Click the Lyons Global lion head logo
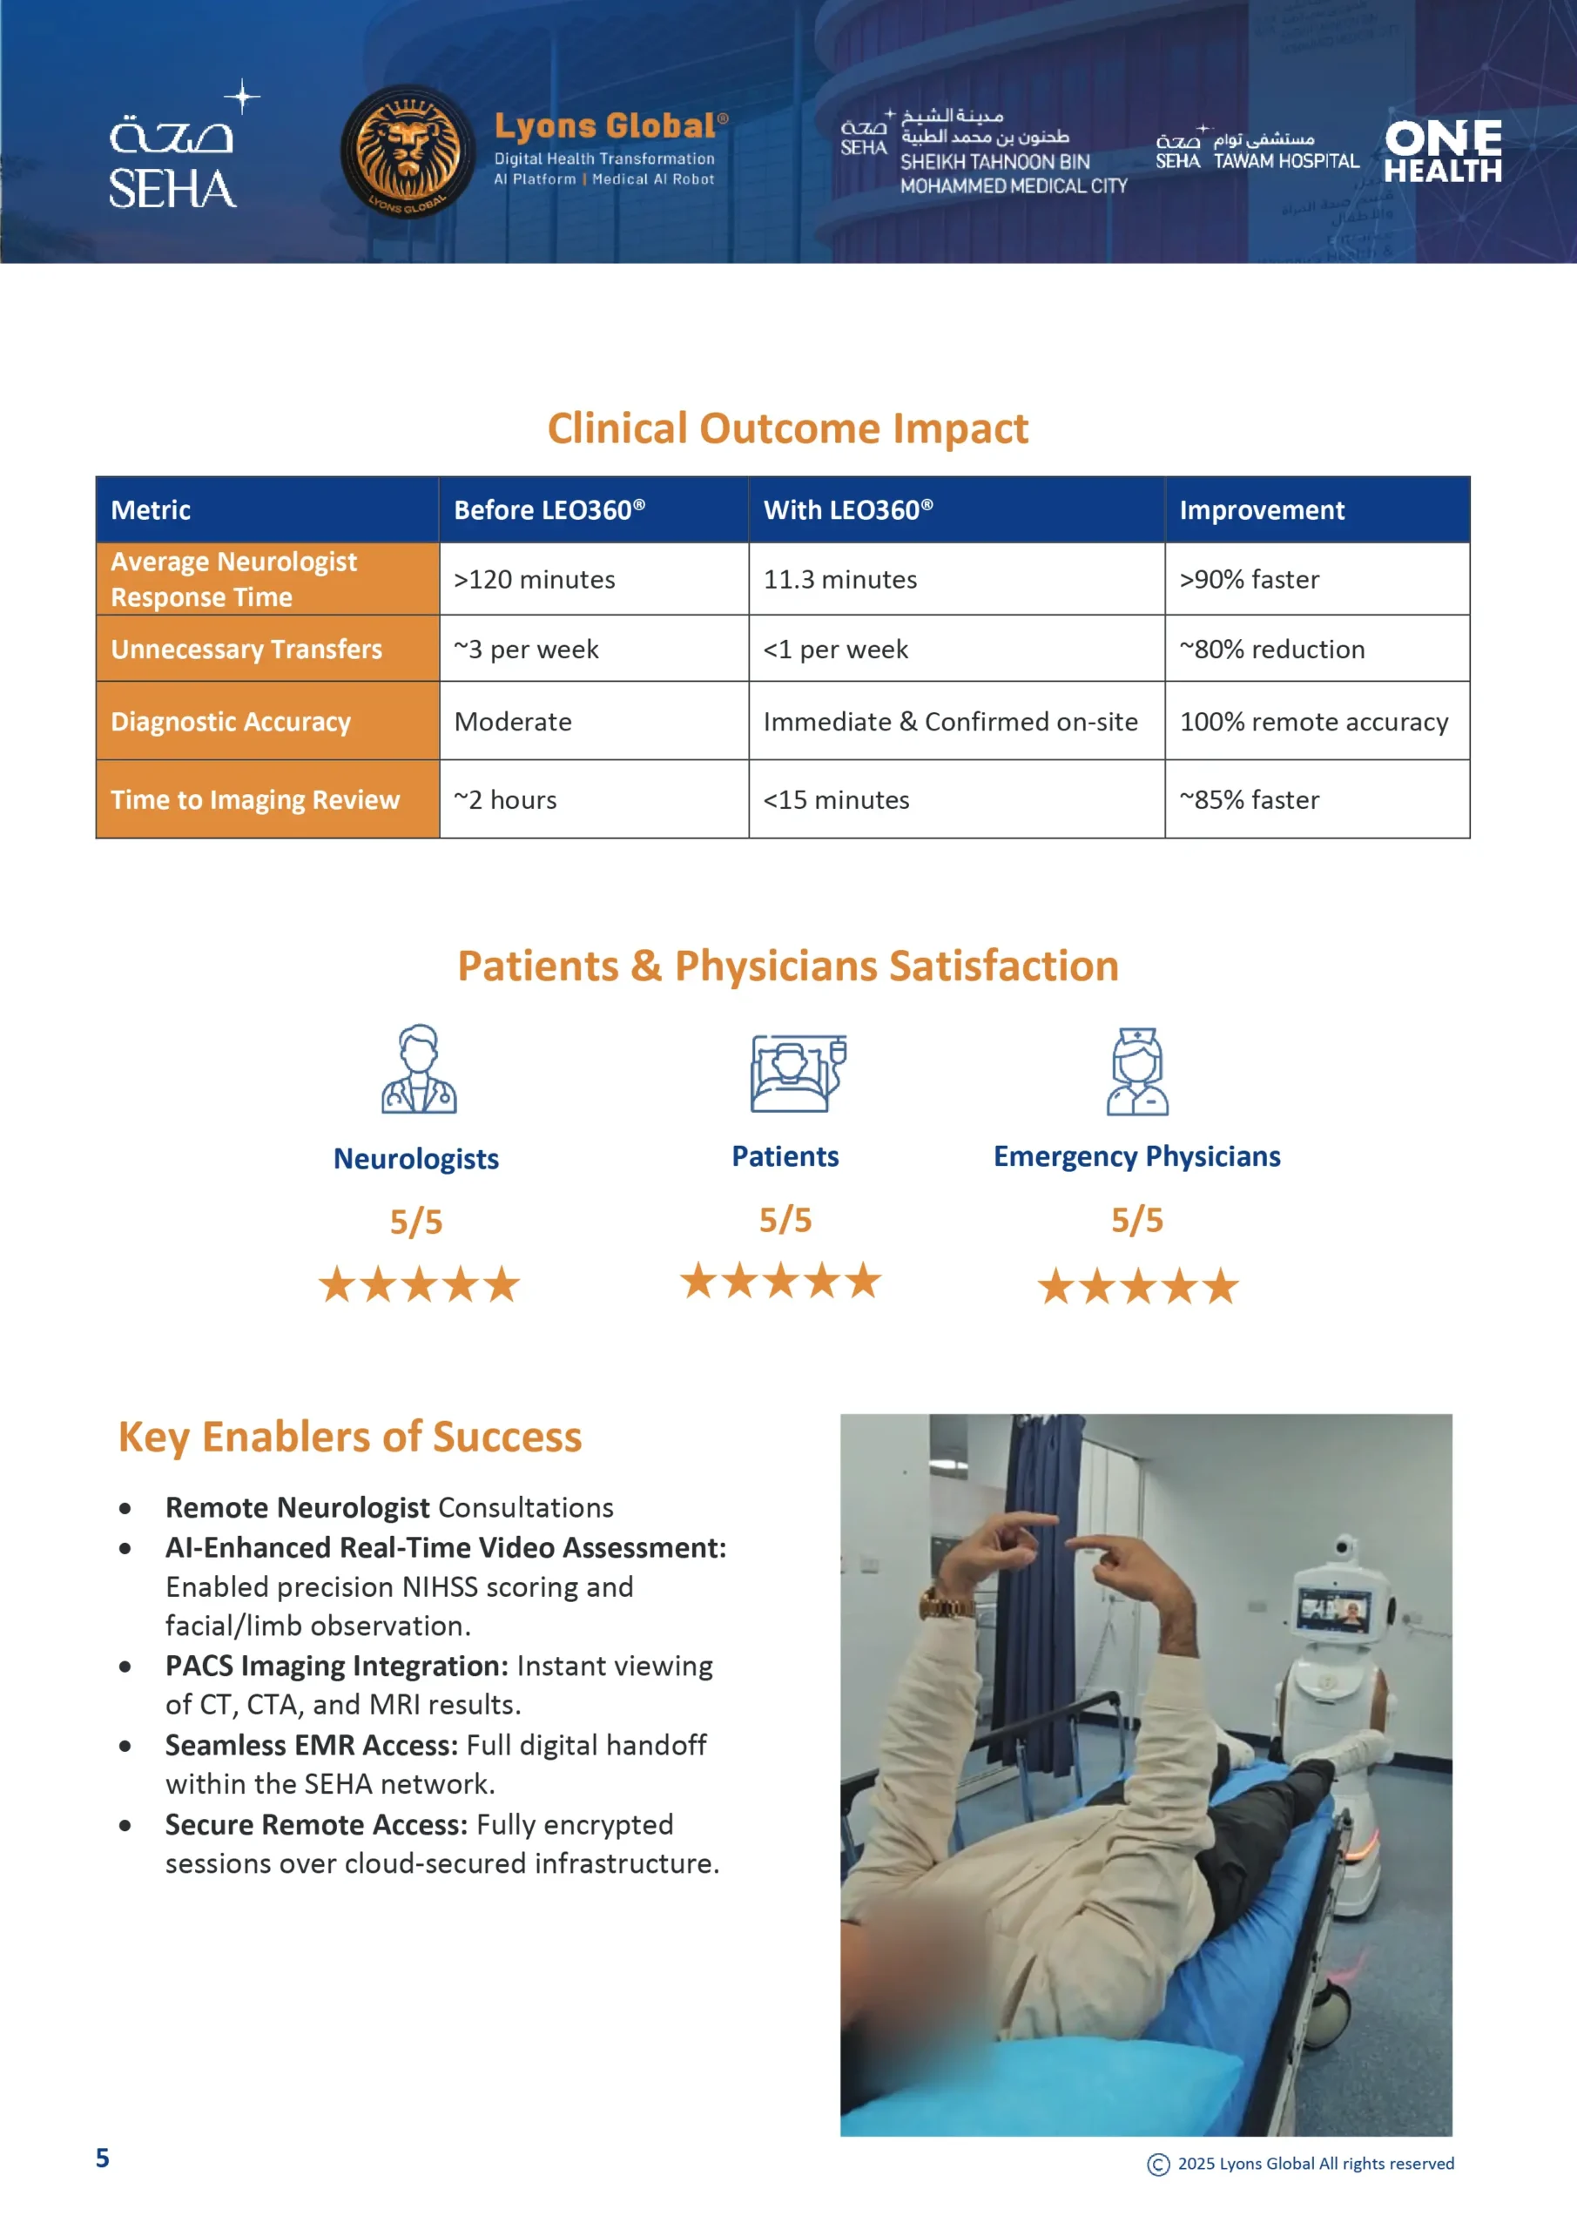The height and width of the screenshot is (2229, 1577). [408, 152]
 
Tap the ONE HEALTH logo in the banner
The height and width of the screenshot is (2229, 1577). [1443, 152]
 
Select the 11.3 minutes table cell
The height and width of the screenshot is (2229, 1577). [956, 579]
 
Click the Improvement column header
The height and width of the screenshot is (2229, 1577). [1317, 509]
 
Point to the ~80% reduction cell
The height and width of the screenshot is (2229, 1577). [1317, 649]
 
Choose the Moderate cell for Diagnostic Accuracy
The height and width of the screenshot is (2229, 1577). [594, 721]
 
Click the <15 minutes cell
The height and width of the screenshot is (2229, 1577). [956, 800]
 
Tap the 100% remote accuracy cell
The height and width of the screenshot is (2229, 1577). [1317, 721]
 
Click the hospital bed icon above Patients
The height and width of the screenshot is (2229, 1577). [799, 1073]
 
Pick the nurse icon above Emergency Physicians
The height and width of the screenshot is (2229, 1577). [1137, 1071]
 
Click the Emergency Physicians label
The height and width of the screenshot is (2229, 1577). [1137, 1156]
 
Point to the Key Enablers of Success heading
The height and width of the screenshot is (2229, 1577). [349, 1437]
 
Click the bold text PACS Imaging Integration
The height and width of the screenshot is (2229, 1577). [337, 1666]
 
